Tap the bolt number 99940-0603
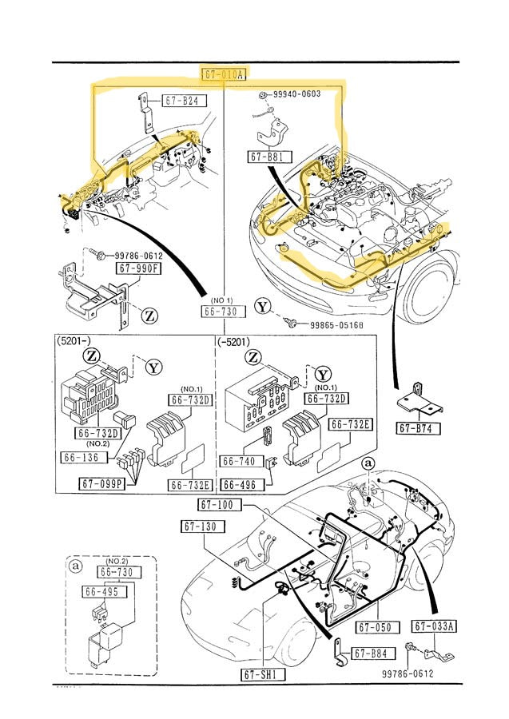click(296, 93)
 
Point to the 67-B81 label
click(266, 157)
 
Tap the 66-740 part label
click(237, 461)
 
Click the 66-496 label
click(238, 484)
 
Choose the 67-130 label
click(203, 526)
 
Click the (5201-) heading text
click(76, 341)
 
